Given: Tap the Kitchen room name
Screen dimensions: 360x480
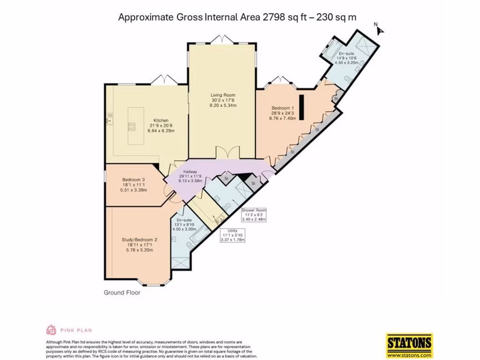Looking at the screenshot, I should click(x=161, y=120).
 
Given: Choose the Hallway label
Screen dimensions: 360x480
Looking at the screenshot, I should click(x=190, y=172).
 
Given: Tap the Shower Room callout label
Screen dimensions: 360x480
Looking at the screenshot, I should click(x=254, y=210).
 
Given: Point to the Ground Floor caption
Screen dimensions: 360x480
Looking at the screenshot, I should click(x=122, y=293).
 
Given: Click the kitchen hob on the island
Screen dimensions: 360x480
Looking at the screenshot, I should click(x=132, y=126).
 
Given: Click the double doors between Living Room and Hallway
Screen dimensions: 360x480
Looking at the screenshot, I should click(x=224, y=153).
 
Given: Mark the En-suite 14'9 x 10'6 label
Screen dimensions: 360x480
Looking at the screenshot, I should click(x=346, y=55).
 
